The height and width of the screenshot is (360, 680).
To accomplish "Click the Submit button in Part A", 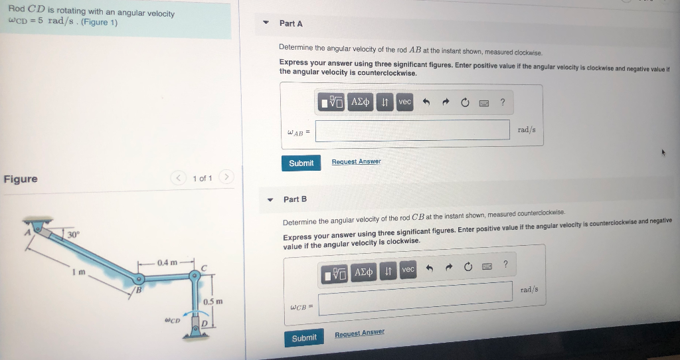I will [x=301, y=163].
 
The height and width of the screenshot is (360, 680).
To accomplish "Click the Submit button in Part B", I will [x=303, y=338].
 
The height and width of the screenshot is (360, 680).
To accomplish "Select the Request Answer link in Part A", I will [x=356, y=162].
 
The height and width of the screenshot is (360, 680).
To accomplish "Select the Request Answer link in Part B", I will [x=359, y=333].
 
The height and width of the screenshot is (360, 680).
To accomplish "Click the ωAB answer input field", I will [x=412, y=130].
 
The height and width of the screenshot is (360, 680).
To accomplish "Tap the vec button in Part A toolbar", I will [x=404, y=102].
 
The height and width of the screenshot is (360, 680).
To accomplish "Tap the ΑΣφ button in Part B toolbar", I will [x=363, y=272].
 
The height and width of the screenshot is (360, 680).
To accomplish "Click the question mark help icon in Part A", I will [x=503, y=102].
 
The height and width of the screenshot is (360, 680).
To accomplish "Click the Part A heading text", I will [x=291, y=23].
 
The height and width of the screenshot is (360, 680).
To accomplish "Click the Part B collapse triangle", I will [x=270, y=199].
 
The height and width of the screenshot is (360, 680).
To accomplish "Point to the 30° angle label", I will [x=72, y=234].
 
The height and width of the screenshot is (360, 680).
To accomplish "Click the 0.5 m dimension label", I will [x=212, y=302].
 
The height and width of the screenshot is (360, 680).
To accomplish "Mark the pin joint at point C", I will [x=195, y=274].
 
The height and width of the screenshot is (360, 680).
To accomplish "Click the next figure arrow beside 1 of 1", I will [x=226, y=178].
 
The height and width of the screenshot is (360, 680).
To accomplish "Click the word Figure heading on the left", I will [x=21, y=179].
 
